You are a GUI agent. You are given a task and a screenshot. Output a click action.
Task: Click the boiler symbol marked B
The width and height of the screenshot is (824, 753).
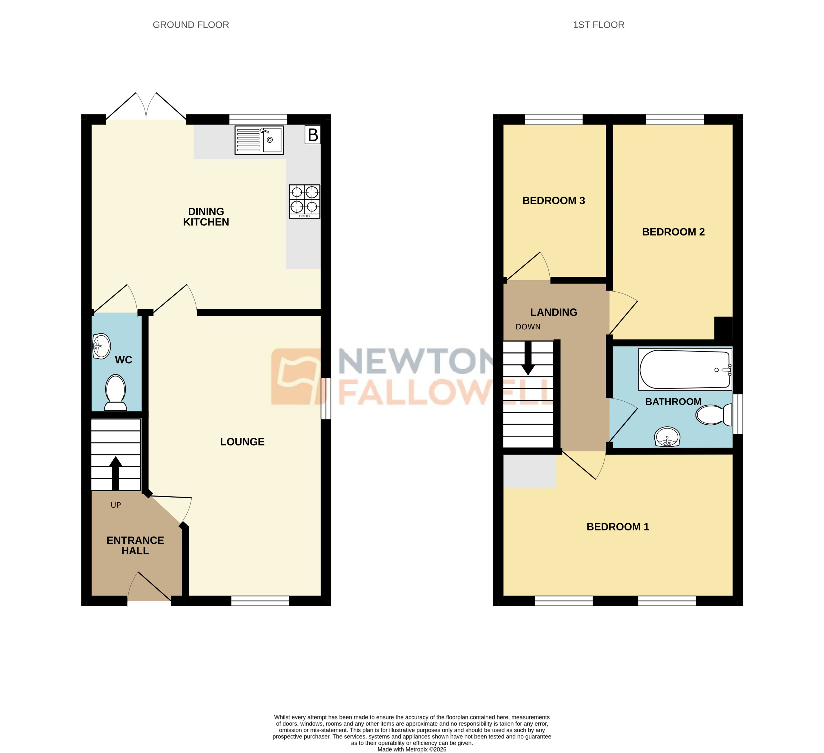coord(313,135)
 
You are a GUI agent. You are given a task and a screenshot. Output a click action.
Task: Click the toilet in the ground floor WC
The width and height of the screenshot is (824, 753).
coord(116,392)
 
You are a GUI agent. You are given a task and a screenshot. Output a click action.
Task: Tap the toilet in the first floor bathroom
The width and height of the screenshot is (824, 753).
coord(714,415)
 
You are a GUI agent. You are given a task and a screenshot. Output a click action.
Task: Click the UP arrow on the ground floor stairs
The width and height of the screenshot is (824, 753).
coord(116,472)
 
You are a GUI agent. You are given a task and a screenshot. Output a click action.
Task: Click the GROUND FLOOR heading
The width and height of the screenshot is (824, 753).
coord(190,25)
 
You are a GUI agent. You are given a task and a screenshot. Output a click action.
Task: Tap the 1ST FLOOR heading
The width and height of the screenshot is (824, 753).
coord(598,25)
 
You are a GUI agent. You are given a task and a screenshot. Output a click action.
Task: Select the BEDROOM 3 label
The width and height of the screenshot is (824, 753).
coord(554,201)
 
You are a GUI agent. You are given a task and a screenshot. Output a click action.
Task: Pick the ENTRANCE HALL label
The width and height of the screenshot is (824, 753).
coord(135,545)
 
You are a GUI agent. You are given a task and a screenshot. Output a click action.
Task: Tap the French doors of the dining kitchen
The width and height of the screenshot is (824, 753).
coord(146,107)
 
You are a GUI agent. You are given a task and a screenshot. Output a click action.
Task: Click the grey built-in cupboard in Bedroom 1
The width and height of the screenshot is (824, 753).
coord(529,471)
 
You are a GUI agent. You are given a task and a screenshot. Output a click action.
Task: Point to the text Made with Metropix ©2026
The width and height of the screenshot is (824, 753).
coord(412,749)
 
